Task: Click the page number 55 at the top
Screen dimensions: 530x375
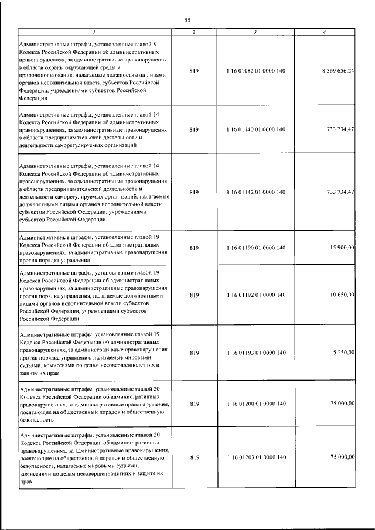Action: click(x=187, y=20)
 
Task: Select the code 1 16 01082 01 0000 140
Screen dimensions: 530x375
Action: click(x=255, y=71)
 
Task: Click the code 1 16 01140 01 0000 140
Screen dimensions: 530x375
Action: click(x=255, y=129)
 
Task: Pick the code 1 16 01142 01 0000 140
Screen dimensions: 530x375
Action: click(x=255, y=192)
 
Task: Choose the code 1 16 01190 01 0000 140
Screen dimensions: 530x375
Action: click(x=255, y=248)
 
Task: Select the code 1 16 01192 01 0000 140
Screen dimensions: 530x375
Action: click(x=255, y=295)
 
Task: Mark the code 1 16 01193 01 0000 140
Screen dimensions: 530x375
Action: click(x=255, y=353)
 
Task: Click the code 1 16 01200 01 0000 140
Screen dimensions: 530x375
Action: click(x=255, y=404)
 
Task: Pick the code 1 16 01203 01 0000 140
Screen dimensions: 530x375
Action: click(x=255, y=457)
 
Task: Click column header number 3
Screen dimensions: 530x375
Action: click(x=255, y=32)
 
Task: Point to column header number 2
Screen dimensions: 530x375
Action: click(x=195, y=32)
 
